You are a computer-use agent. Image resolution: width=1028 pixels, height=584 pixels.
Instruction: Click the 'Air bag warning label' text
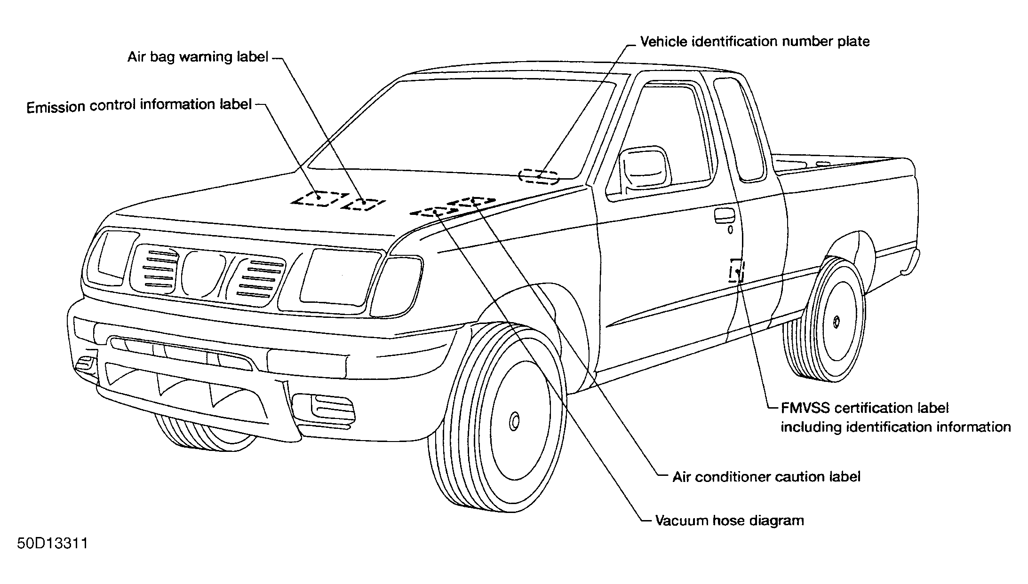(198, 57)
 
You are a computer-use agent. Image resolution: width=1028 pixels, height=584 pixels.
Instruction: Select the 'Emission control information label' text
(139, 106)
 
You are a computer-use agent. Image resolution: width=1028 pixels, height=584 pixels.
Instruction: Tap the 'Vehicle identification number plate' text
(755, 41)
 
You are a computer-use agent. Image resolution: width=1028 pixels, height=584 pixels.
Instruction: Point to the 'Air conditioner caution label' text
(766, 477)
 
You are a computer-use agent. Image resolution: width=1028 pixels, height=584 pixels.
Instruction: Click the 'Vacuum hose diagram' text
(730, 521)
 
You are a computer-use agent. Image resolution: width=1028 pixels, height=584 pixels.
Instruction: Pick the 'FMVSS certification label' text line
(865, 408)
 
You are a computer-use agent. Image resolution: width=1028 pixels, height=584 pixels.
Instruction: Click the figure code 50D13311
(53, 544)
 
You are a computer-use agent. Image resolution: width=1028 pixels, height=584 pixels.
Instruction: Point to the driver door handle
(724, 215)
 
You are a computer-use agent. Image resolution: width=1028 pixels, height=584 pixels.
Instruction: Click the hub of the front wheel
(515, 421)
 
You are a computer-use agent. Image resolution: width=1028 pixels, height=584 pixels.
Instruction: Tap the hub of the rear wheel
(837, 322)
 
